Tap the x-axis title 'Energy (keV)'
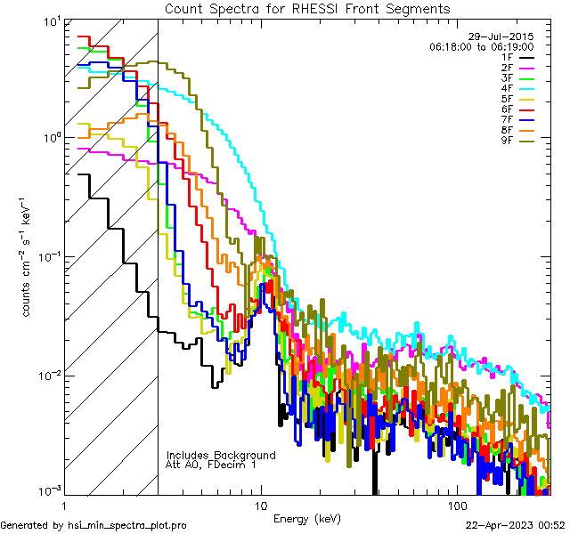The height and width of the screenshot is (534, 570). coord(307,519)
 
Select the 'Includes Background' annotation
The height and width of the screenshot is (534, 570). coord(221,455)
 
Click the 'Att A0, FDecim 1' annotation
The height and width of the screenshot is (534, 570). coord(211,465)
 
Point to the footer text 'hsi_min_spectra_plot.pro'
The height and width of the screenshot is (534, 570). coord(128,525)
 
